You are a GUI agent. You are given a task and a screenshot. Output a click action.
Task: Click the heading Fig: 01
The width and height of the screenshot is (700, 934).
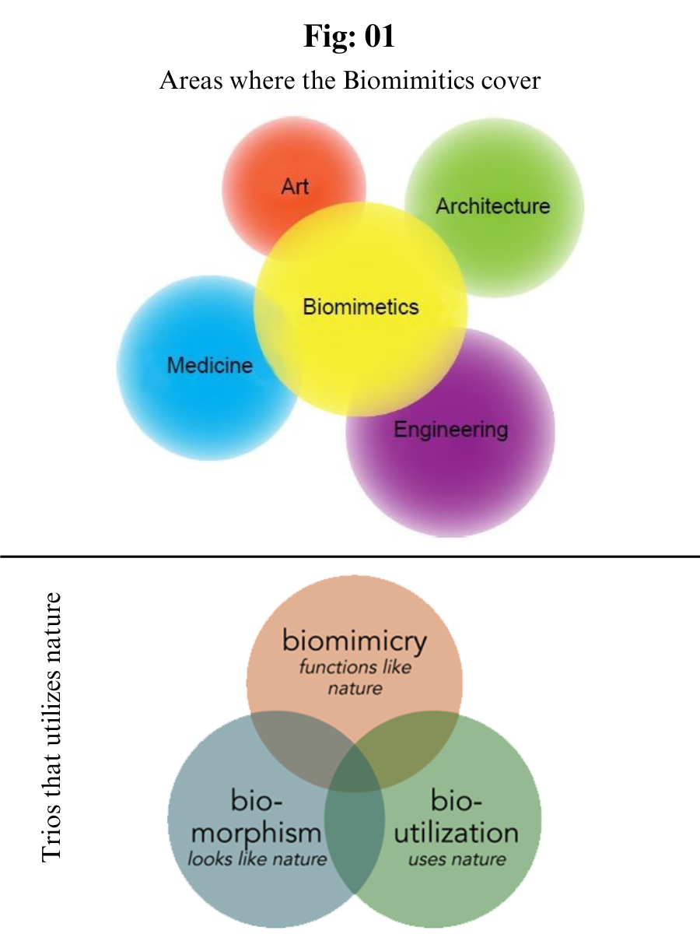click(x=349, y=37)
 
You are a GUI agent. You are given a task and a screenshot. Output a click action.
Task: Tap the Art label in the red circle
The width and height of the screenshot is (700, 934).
click(x=295, y=186)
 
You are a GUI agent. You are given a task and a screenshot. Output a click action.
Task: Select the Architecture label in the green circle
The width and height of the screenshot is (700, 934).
click(x=492, y=206)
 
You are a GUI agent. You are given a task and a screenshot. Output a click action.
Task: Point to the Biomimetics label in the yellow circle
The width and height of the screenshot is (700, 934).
click(x=361, y=307)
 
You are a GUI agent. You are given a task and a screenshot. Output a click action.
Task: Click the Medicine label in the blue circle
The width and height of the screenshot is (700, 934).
click(x=210, y=365)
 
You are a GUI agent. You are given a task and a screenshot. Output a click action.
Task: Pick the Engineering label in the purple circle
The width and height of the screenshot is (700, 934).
click(x=450, y=429)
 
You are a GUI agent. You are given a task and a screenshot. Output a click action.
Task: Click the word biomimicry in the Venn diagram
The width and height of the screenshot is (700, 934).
click(x=355, y=641)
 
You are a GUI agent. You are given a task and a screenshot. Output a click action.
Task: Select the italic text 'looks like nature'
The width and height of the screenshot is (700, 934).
click(x=257, y=859)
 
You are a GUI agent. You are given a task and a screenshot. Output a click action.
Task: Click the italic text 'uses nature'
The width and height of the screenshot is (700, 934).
click(x=457, y=859)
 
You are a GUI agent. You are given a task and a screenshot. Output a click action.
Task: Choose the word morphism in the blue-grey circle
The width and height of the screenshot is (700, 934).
click(x=256, y=832)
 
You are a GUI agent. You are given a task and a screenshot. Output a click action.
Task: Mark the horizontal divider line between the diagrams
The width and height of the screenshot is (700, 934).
click(x=350, y=557)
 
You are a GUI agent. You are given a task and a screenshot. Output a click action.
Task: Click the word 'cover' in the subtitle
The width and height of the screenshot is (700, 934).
click(x=513, y=80)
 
